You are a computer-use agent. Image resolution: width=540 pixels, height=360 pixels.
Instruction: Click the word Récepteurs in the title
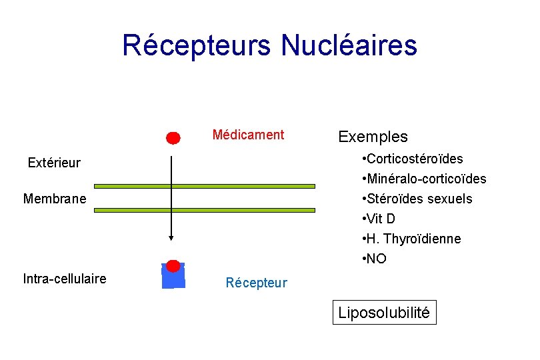coord(197,45)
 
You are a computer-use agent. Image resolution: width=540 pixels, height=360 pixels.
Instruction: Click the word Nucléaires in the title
coord(349,45)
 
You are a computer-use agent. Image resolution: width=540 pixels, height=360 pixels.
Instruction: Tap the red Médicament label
coord(248,135)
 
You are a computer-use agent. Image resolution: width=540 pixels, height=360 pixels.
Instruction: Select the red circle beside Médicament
coord(173,138)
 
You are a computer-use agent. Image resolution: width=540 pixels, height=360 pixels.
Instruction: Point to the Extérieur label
coord(54,163)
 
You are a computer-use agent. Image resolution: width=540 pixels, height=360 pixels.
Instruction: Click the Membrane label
coord(55,199)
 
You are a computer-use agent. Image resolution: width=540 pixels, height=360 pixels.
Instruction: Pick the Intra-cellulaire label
coord(64,279)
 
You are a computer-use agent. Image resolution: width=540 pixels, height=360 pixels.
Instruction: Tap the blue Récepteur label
coord(256,283)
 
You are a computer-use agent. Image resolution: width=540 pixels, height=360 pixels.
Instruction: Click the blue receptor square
coord(173,279)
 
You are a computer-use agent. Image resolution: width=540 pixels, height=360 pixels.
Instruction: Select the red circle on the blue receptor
coord(173,266)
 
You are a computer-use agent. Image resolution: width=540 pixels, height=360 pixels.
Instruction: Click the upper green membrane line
coord(204,187)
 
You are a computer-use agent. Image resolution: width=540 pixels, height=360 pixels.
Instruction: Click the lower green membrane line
coord(204,210)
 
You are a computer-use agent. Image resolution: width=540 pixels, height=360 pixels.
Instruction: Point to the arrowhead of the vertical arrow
coord(171,237)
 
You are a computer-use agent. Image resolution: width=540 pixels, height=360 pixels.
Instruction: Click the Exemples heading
coord(373,137)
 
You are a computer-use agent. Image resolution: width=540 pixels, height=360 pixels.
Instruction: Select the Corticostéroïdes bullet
coord(412,159)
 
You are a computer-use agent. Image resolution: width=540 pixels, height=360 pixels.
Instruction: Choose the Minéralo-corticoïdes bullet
coord(423,179)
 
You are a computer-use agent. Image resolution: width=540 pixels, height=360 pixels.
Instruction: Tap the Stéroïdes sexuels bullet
coord(417,199)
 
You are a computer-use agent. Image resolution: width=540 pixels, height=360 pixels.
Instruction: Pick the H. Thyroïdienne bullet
coord(411,239)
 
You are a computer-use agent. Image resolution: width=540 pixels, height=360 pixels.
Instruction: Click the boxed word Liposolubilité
coord(384,312)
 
